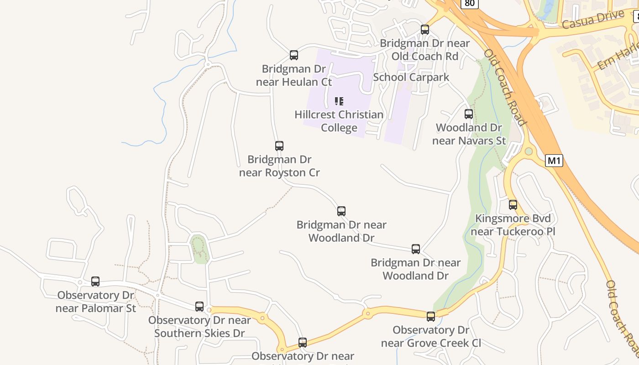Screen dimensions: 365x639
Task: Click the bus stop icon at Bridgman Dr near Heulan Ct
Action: (x=294, y=55)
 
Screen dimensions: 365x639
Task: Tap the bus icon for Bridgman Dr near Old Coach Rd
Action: (x=425, y=30)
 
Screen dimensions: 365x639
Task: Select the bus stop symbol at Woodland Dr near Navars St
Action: (x=469, y=114)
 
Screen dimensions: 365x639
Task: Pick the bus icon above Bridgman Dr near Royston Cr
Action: (x=279, y=146)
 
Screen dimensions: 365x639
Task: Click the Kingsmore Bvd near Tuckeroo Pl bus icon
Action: (x=513, y=205)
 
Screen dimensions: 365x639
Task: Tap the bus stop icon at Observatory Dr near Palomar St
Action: (x=95, y=282)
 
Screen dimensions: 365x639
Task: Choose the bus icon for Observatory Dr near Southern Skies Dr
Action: (x=199, y=307)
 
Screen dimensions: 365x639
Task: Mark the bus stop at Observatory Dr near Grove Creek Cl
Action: (x=431, y=316)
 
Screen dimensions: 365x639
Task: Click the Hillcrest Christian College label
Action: (x=339, y=121)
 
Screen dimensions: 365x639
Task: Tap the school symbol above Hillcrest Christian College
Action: (x=339, y=101)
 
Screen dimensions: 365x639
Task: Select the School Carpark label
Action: (x=411, y=77)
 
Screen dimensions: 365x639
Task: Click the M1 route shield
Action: (x=554, y=161)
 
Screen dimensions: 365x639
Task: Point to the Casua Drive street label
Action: (x=592, y=20)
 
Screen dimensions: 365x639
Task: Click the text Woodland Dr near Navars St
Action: (x=469, y=134)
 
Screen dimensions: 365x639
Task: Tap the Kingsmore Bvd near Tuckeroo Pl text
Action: (x=513, y=225)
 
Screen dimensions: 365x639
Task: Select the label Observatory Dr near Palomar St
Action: (x=95, y=302)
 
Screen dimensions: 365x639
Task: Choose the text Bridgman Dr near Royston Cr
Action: (x=279, y=166)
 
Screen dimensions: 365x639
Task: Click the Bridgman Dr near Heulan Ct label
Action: (x=294, y=75)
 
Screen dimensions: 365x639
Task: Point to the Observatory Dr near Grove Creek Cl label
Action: (x=431, y=336)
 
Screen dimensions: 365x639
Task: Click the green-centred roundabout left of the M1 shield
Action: (x=529, y=151)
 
